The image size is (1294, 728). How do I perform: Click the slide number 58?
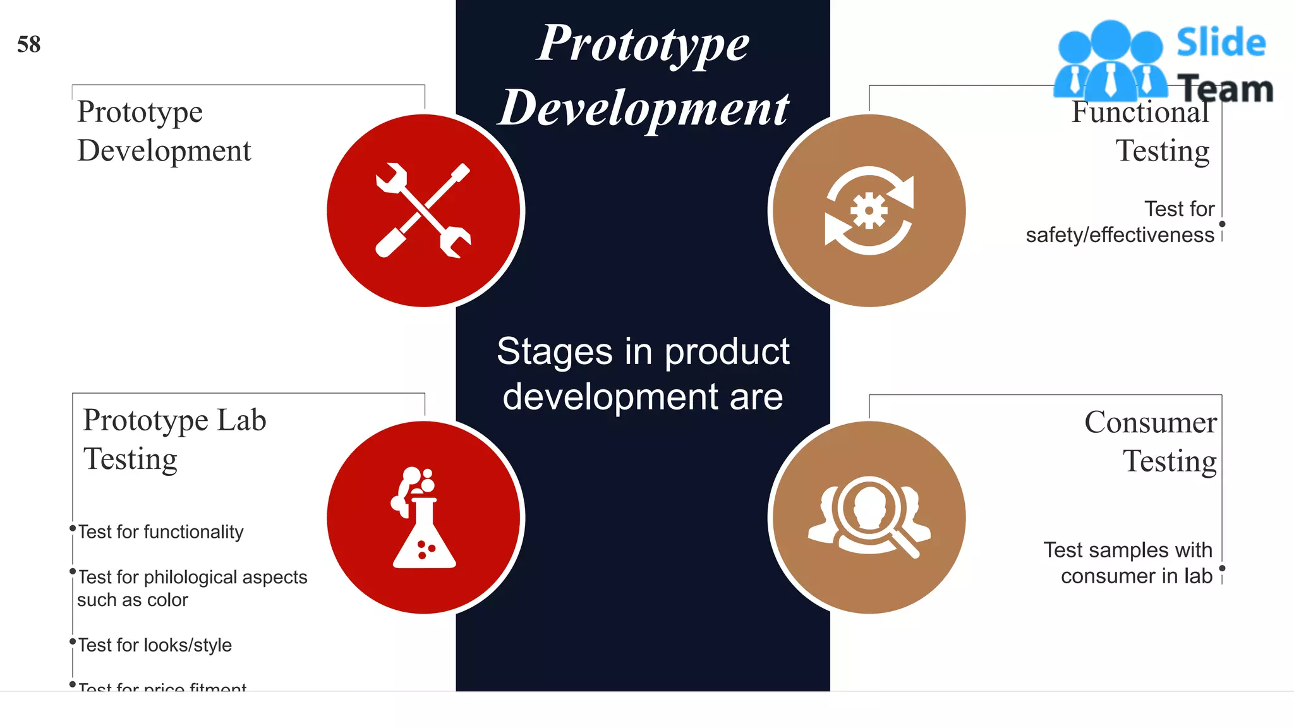pos(29,45)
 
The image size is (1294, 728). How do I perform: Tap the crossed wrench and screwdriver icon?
pos(423,210)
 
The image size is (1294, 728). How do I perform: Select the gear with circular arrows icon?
pos(869,211)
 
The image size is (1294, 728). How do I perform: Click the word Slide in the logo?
pos(1221,43)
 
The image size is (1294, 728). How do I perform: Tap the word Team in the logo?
pos(1226,89)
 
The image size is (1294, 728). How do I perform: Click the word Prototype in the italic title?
pos(643,44)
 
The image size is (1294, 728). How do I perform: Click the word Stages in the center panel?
pos(554,352)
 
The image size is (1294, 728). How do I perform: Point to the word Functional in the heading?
pos(1140,112)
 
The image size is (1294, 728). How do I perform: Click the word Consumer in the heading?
pos(1150,422)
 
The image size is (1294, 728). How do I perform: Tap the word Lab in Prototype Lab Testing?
pos(241,421)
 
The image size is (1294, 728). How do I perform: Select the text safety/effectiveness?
pos(1120,235)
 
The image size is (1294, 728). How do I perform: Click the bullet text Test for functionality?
pos(160,532)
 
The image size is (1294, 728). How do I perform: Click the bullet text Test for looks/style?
pos(155,645)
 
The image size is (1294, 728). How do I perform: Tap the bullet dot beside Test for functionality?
pos(73,528)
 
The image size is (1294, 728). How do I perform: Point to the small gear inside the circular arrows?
pos(869,210)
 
